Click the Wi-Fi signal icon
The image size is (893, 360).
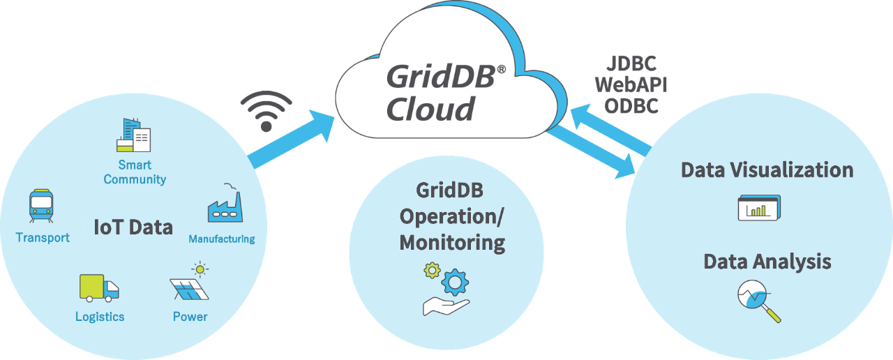click(x=266, y=112)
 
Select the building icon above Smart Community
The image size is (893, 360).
click(x=133, y=135)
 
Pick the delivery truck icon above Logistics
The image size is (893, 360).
click(x=98, y=287)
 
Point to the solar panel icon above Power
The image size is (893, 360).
click(x=190, y=283)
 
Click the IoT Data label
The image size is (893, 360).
click(x=133, y=227)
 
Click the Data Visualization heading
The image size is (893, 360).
click(x=767, y=170)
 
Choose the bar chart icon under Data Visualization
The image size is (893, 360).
click(x=759, y=208)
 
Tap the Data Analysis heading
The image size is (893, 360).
click(x=767, y=262)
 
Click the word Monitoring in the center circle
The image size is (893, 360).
click(x=451, y=243)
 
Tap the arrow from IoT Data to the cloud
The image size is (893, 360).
click(x=293, y=143)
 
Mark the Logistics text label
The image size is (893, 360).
click(x=100, y=317)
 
